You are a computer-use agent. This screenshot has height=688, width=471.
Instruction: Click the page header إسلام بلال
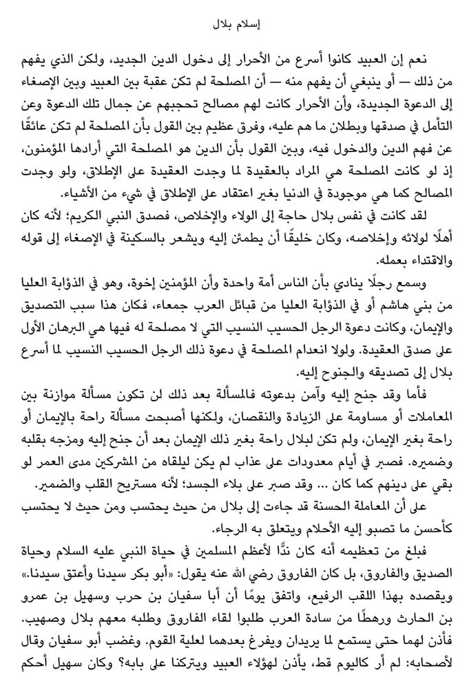(235, 28)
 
